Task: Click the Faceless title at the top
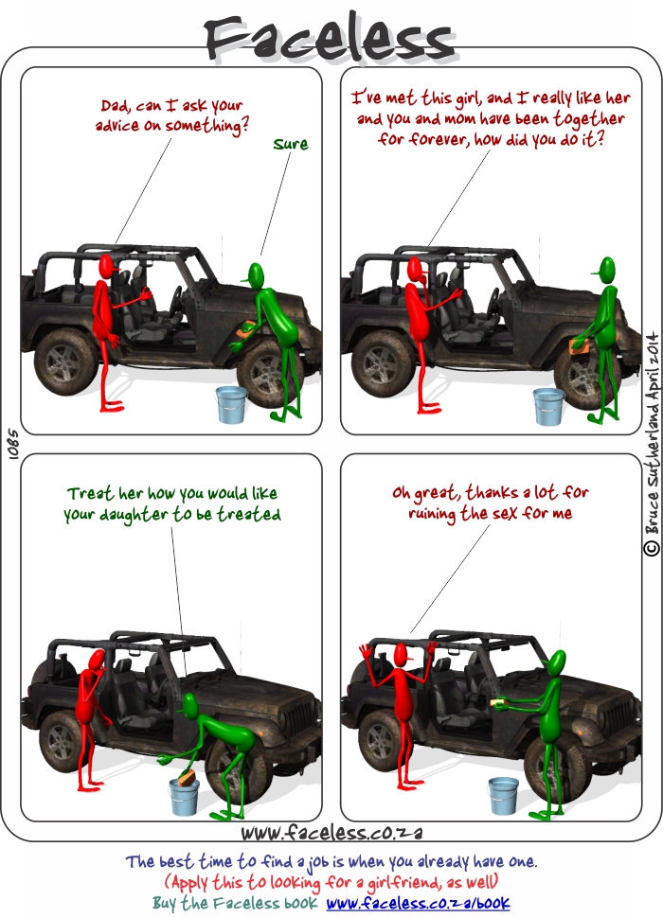[330, 37]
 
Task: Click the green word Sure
[291, 144]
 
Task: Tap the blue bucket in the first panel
[231, 404]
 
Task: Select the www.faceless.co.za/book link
[419, 904]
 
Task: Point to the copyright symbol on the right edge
[652, 548]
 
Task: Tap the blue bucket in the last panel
[503, 795]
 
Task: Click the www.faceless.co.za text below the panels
[331, 832]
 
